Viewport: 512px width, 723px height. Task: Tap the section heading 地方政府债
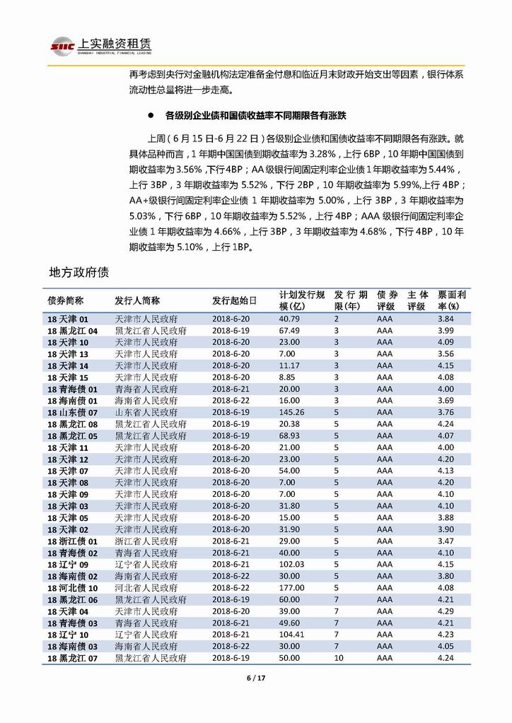(x=78, y=272)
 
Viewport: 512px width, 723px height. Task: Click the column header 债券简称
(x=66, y=300)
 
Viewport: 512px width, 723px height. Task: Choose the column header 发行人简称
(x=137, y=300)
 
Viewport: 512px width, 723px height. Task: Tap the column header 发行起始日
(x=234, y=300)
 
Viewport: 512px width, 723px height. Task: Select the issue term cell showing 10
(x=338, y=657)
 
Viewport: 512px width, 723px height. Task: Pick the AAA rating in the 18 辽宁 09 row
(x=385, y=564)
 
